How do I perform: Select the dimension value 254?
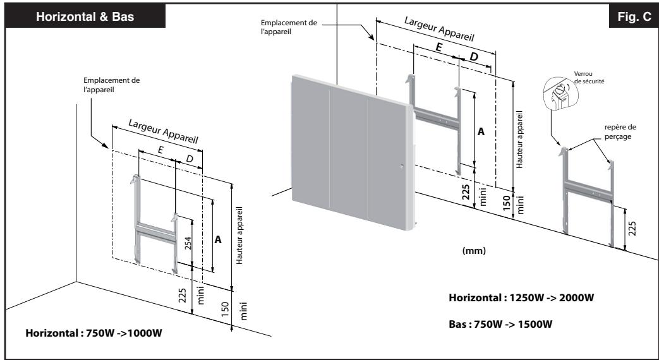(x=188, y=244)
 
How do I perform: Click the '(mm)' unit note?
(x=473, y=249)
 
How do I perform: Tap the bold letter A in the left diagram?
(x=219, y=240)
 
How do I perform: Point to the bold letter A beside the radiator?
(x=481, y=132)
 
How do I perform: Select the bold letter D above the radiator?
(x=474, y=58)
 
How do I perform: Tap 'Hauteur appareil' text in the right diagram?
(x=519, y=138)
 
